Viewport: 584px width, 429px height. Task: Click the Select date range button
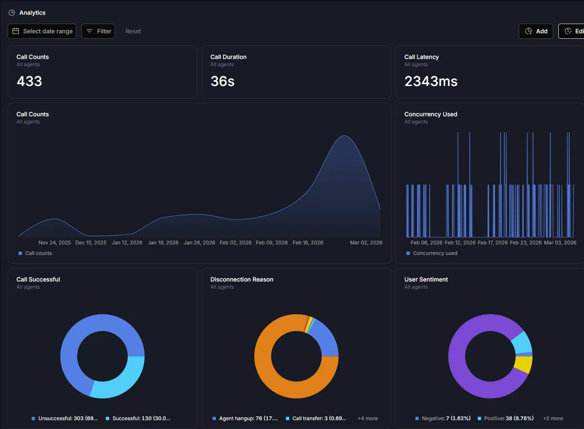pyautogui.click(x=42, y=31)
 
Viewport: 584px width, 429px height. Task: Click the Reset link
pyautogui.click(x=133, y=31)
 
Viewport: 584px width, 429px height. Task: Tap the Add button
pyautogui.click(x=536, y=31)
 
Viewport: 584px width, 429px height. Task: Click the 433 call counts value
pyautogui.click(x=30, y=81)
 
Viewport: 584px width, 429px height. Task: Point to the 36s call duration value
pyautogui.click(x=222, y=81)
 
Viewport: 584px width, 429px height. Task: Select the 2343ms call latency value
pyautogui.click(x=431, y=81)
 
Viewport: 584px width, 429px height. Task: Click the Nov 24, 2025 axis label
pyautogui.click(x=54, y=243)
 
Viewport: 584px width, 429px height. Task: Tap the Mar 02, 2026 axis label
pyautogui.click(x=366, y=243)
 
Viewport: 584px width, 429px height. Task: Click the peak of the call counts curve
pyautogui.click(x=344, y=136)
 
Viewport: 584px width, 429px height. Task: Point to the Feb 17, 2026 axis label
pyautogui.click(x=492, y=243)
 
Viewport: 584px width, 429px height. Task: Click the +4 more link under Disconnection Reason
pyautogui.click(x=368, y=418)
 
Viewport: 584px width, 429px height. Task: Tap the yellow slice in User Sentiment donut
pyautogui.click(x=524, y=364)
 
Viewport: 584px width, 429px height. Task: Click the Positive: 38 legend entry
pyautogui.click(x=506, y=418)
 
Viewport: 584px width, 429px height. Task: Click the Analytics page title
pyautogui.click(x=32, y=13)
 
